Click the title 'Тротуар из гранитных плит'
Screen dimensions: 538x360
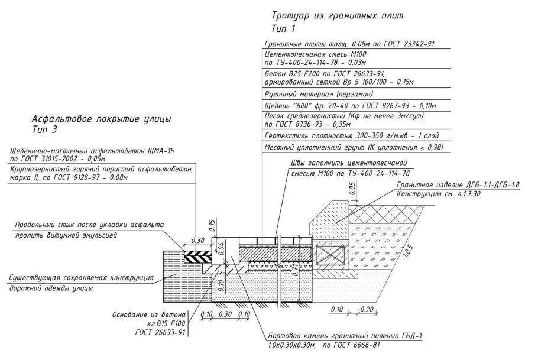tap(337, 16)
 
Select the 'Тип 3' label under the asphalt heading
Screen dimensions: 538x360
tap(44, 129)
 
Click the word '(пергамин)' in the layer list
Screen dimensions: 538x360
tap(354, 93)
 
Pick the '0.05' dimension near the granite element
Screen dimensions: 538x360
tap(352, 189)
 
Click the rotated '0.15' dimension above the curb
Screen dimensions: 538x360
tap(212, 226)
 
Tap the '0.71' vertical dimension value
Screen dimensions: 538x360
tap(294, 270)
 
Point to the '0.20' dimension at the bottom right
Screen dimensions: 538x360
tap(367, 309)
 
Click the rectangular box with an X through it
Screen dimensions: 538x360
tap(330, 256)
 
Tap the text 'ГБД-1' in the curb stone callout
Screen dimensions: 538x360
tap(410, 336)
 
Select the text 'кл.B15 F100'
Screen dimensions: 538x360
tap(166, 323)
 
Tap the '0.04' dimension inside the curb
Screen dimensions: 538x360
tap(221, 248)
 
